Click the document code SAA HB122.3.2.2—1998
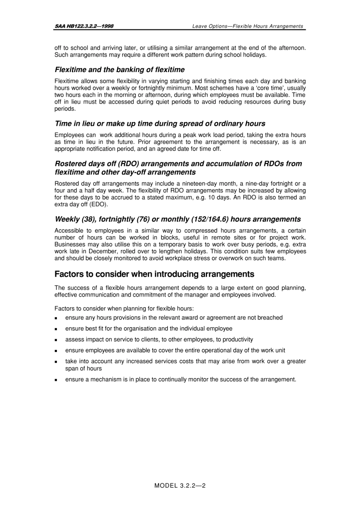point(84,26)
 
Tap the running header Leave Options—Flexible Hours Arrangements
point(247,26)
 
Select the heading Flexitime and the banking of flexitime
point(120,70)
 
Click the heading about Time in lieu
point(160,124)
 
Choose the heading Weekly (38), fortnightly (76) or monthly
point(177,219)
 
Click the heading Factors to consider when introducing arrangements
point(154,274)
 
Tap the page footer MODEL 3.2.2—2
point(180,485)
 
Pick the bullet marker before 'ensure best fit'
point(56,329)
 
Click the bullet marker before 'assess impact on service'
point(56,340)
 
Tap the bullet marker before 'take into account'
point(56,362)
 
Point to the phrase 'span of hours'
point(83,369)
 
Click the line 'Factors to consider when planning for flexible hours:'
point(124,309)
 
